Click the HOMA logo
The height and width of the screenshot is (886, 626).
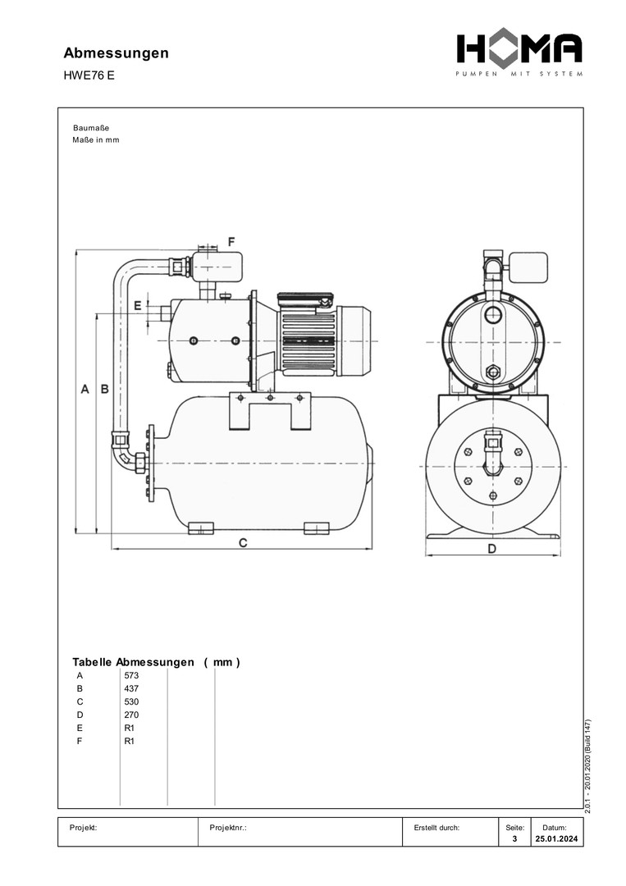pyautogui.click(x=519, y=50)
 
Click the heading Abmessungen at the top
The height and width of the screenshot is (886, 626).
pyautogui.click(x=117, y=53)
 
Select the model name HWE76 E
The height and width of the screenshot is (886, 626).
pyautogui.click(x=89, y=75)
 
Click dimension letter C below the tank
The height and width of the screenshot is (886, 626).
pyautogui.click(x=243, y=543)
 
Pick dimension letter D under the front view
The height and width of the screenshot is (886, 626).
pyautogui.click(x=492, y=548)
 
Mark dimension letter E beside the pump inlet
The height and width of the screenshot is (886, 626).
pyautogui.click(x=138, y=305)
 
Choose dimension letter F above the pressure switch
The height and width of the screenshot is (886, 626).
pyautogui.click(x=231, y=242)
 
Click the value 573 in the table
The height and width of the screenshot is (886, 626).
pyautogui.click(x=131, y=675)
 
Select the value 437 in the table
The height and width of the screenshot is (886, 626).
pyautogui.click(x=131, y=688)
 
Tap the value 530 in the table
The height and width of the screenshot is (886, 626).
pyautogui.click(x=131, y=701)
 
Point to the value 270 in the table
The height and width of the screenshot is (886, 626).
pyautogui.click(x=131, y=715)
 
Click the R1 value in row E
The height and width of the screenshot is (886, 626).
pyautogui.click(x=129, y=728)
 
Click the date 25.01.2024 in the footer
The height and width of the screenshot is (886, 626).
pyautogui.click(x=555, y=839)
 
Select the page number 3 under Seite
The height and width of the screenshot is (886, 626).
pyautogui.click(x=514, y=839)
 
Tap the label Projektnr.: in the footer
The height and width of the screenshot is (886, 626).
pyautogui.click(x=228, y=828)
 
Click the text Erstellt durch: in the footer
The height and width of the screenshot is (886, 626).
pyautogui.click(x=437, y=828)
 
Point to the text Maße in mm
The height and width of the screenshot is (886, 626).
pyautogui.click(x=96, y=139)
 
